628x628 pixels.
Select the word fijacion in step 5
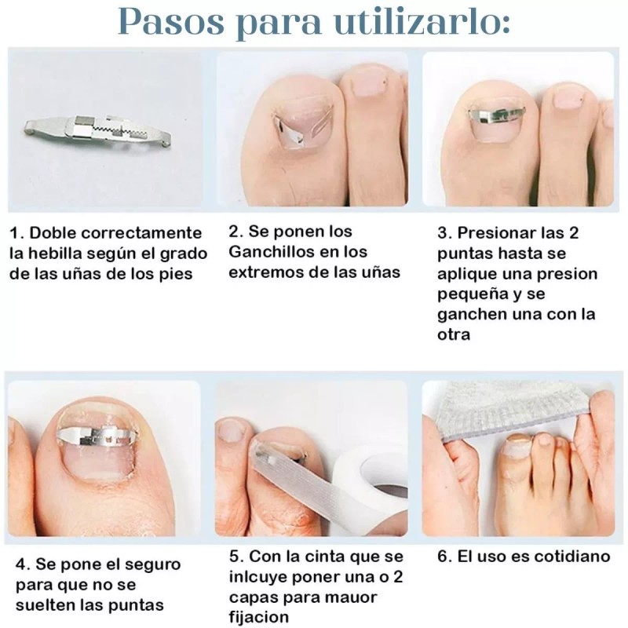click(261, 618)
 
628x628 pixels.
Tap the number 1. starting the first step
click(16, 233)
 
